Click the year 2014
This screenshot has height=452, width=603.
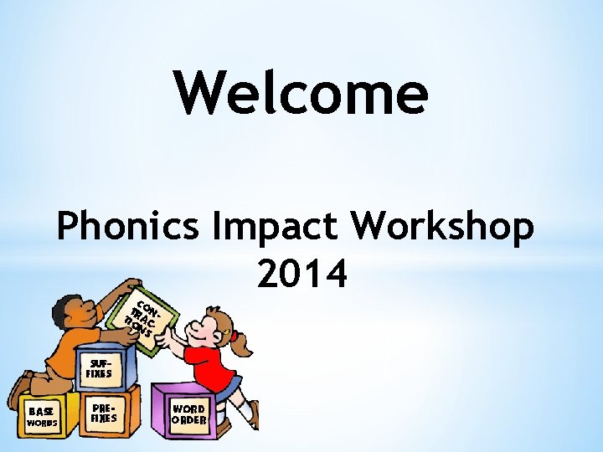point(302,274)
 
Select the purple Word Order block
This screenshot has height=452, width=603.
point(188,414)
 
